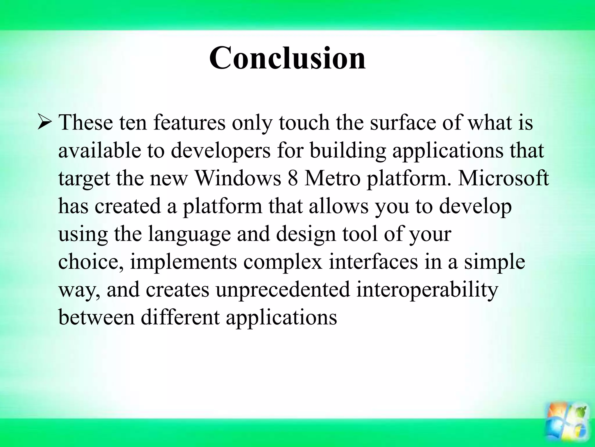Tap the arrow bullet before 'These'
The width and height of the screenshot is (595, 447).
[45, 123]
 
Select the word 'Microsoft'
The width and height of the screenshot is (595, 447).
[503, 178]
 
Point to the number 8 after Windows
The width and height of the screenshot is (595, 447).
[293, 178]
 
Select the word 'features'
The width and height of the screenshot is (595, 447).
[189, 123]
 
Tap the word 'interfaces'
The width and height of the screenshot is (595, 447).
[373, 262]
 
